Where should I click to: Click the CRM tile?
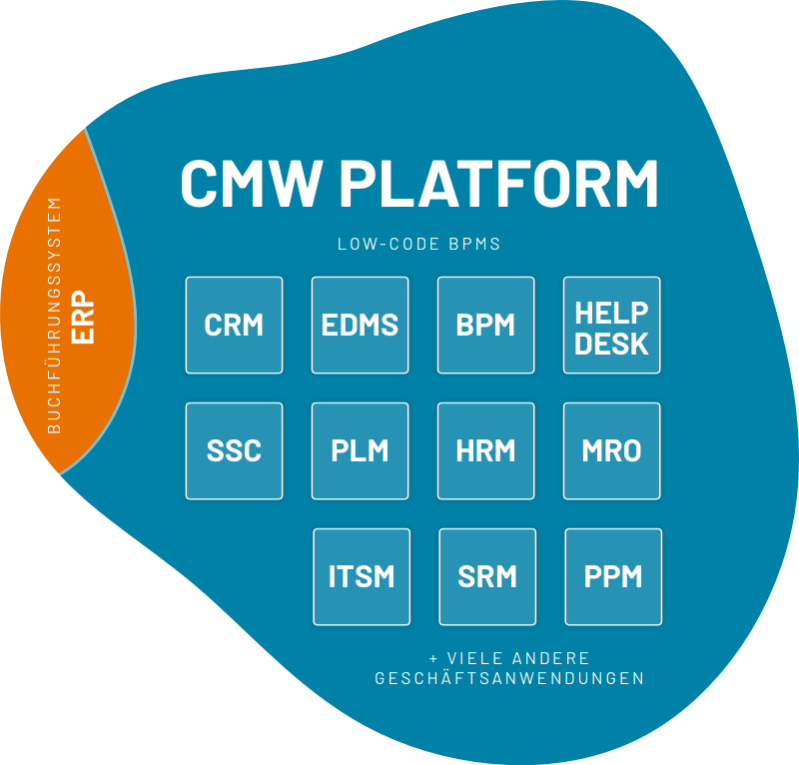[x=234, y=325]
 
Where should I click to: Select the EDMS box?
[x=360, y=325]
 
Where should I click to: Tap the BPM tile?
[x=485, y=325]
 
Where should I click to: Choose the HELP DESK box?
[x=611, y=325]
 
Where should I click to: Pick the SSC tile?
[x=234, y=450]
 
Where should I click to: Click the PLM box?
[x=360, y=450]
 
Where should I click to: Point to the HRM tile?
[x=485, y=450]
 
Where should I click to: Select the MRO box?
[x=611, y=450]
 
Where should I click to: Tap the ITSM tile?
[x=362, y=576]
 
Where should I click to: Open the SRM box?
[x=487, y=576]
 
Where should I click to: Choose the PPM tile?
[x=613, y=576]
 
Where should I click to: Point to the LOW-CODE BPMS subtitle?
[x=418, y=243]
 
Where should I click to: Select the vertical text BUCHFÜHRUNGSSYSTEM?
[x=55, y=316]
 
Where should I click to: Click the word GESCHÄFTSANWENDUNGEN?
[x=508, y=678]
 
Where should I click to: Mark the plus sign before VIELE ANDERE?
[x=433, y=659]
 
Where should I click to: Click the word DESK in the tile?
[x=611, y=344]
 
